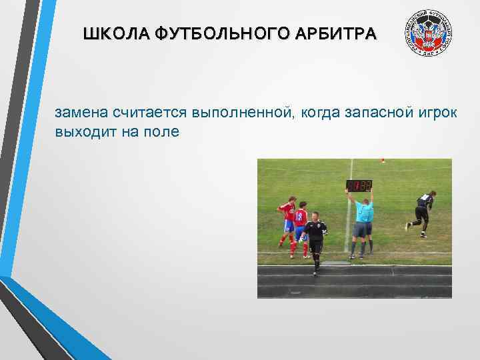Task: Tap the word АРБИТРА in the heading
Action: point(343,33)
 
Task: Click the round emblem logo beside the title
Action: point(429,36)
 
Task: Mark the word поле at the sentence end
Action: point(163,131)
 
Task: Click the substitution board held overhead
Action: point(359,185)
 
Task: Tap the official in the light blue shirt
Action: point(363,220)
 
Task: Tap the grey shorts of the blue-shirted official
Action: point(363,229)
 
